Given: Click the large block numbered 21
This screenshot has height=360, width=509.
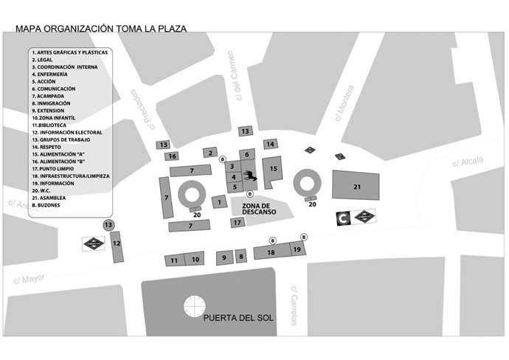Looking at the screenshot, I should [x=356, y=186].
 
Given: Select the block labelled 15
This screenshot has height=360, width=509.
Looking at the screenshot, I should [x=273, y=170].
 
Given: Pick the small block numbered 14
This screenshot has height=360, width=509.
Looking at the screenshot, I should [x=271, y=144].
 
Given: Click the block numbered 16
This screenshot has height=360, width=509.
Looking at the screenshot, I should [x=171, y=156].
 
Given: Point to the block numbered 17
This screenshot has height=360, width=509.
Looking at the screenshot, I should [x=237, y=222].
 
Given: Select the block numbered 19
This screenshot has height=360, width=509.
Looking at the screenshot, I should [x=297, y=250].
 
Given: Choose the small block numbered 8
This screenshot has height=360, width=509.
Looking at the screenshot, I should [x=240, y=257].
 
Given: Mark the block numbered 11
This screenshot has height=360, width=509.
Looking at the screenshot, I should [x=174, y=260].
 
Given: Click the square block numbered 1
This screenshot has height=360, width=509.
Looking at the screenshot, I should [x=219, y=201].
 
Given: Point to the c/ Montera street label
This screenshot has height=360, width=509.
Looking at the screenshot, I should [x=345, y=109].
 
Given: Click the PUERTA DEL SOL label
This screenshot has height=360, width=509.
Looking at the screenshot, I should [x=238, y=319].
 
